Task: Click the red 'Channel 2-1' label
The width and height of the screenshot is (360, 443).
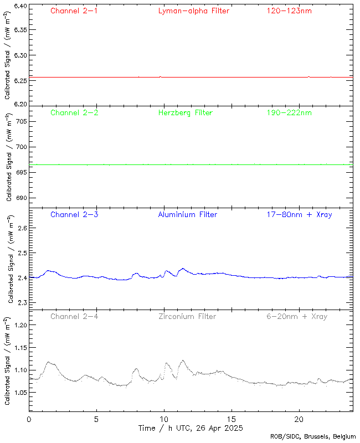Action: (74, 11)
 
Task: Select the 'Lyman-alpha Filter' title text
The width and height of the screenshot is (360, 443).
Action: (193, 11)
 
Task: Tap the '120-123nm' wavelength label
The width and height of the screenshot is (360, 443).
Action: (289, 11)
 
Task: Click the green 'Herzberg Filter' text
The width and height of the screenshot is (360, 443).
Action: (186, 112)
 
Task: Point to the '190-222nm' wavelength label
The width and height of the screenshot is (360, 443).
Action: (289, 112)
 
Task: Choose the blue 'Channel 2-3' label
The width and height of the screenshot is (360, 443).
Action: (74, 214)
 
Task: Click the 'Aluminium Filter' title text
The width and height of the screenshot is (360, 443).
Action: (187, 214)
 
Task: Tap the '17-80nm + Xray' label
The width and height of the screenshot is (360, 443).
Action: (299, 214)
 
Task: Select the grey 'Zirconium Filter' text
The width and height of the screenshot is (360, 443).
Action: (187, 316)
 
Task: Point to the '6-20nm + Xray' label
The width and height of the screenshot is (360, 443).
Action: (296, 316)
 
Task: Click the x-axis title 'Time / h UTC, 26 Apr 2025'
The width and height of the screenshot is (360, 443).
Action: (191, 428)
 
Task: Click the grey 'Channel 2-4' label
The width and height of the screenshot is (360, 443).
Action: (74, 316)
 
